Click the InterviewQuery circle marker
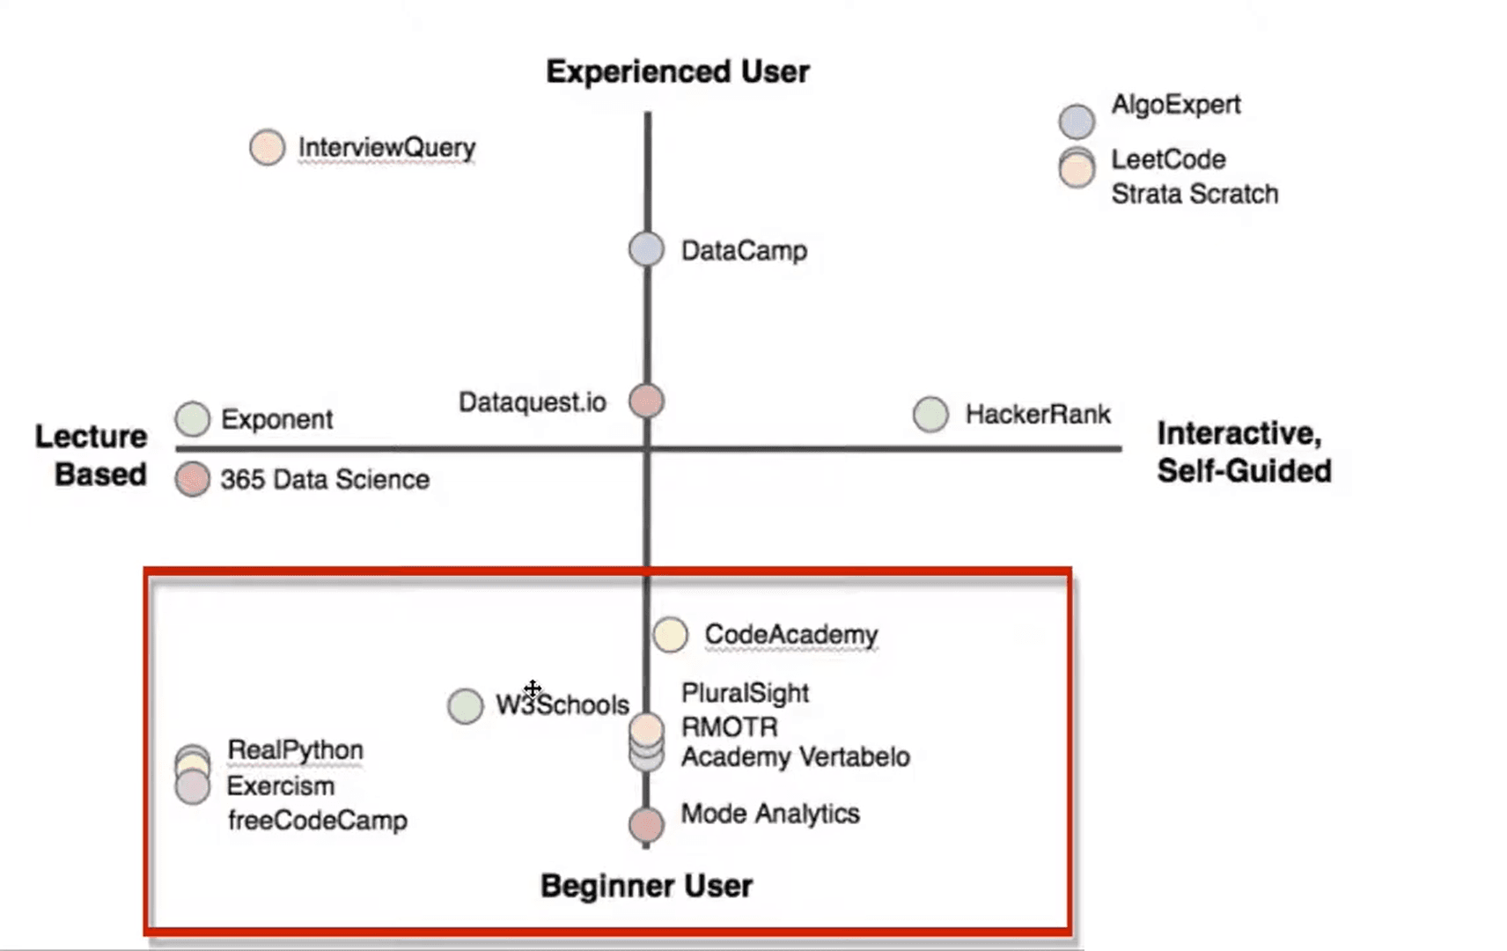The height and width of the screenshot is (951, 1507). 267,147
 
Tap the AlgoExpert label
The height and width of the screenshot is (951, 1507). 1175,105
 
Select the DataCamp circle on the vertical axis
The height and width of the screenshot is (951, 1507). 646,249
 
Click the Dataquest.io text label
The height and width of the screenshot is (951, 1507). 532,402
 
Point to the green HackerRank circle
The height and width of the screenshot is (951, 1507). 930,414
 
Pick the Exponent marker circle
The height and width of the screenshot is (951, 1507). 193,419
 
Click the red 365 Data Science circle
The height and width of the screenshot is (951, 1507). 193,480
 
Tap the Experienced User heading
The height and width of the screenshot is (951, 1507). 677,71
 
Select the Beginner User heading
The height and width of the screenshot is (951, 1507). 646,886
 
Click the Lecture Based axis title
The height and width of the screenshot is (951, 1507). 92,455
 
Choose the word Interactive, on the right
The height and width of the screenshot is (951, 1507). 1239,433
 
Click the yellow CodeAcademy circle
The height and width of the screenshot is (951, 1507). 670,634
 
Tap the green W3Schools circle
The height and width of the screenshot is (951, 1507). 465,705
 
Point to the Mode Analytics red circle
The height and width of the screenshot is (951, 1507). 646,825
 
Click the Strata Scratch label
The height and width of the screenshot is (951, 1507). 1194,194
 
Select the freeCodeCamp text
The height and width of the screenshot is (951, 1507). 317,821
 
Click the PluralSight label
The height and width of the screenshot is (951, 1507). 745,693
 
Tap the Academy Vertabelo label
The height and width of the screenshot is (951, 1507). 795,757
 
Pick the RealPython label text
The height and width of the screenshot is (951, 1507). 295,750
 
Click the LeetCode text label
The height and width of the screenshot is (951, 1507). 1168,159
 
